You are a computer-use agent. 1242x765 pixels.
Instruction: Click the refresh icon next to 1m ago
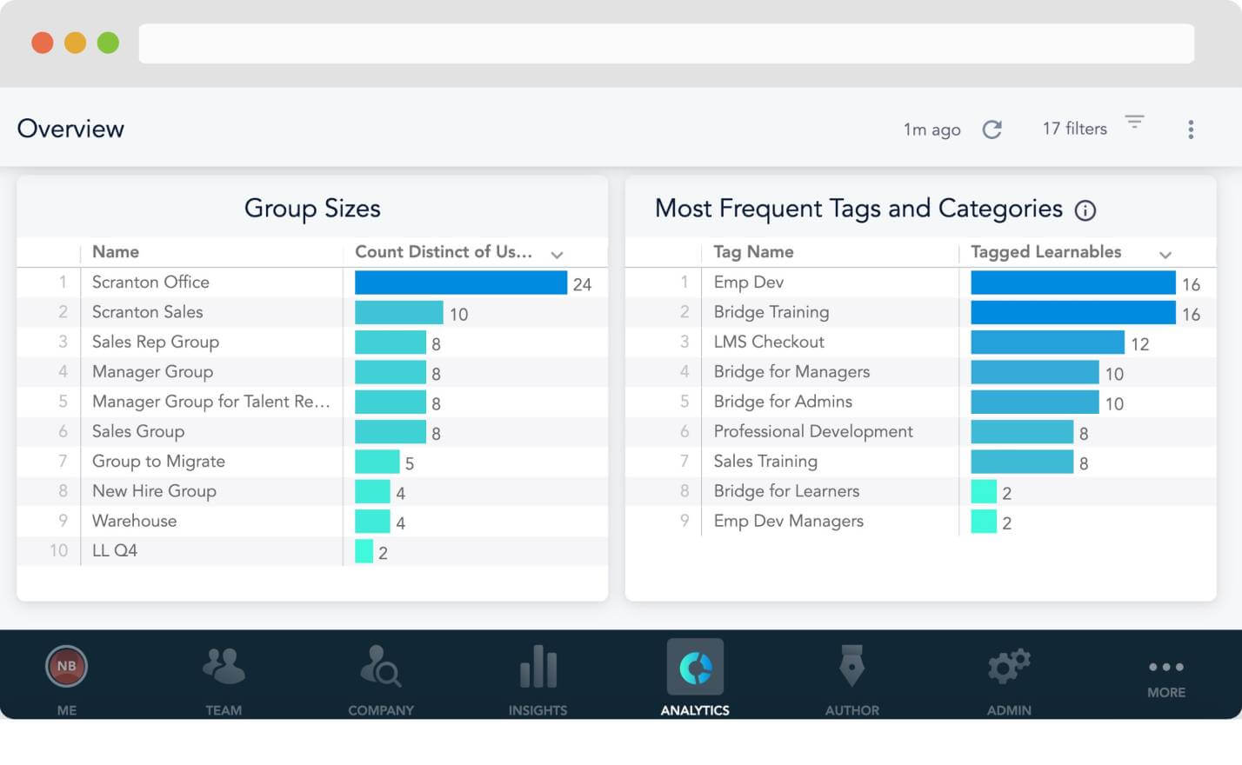pyautogui.click(x=992, y=130)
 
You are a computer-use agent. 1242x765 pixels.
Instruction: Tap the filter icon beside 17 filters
pyautogui.click(x=1134, y=122)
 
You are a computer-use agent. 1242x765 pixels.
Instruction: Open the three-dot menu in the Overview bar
pyautogui.click(x=1191, y=130)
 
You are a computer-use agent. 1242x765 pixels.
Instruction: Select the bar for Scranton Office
pyautogui.click(x=461, y=283)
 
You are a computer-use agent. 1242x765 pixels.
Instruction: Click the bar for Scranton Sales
pyautogui.click(x=398, y=312)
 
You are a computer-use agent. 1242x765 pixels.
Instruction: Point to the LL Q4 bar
pyautogui.click(x=364, y=550)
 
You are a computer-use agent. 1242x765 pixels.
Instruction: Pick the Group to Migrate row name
pyautogui.click(x=158, y=462)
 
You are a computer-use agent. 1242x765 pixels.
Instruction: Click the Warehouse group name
pyautogui.click(x=134, y=521)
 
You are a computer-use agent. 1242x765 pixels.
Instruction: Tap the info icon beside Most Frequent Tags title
pyautogui.click(x=1085, y=210)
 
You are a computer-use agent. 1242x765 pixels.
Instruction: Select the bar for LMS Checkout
pyautogui.click(x=1047, y=342)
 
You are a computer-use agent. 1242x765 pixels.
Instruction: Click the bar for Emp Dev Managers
pyautogui.click(x=984, y=521)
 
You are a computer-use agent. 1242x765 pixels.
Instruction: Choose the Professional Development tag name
pyautogui.click(x=813, y=431)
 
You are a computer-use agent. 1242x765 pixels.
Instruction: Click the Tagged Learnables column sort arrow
pyautogui.click(x=1165, y=255)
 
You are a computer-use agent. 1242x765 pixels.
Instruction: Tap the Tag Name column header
pyautogui.click(x=753, y=252)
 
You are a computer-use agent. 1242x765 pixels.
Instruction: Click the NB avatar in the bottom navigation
pyautogui.click(x=66, y=666)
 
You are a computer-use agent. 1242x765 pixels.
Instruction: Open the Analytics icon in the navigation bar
pyautogui.click(x=695, y=667)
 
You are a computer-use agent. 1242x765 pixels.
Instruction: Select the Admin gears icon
pyautogui.click(x=1009, y=666)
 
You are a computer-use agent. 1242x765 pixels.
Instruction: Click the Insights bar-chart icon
pyautogui.click(x=538, y=666)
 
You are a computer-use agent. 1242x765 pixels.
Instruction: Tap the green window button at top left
pyautogui.click(x=108, y=43)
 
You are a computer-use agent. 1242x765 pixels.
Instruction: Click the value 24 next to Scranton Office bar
pyautogui.click(x=582, y=284)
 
